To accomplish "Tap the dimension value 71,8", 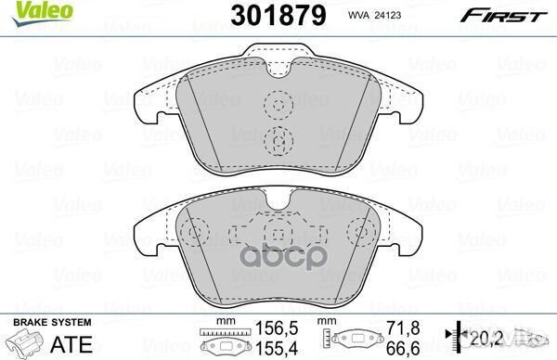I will click(396, 328).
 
